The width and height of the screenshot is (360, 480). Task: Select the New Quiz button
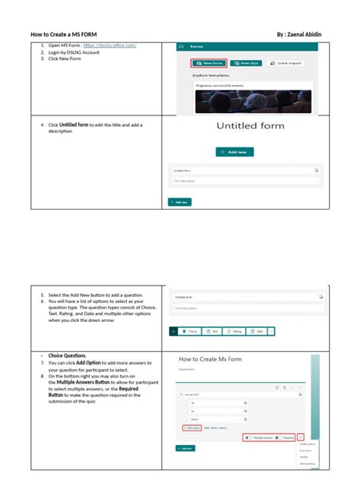(x=246, y=63)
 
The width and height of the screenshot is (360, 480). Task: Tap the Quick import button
(x=284, y=63)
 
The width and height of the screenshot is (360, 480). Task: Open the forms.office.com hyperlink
(x=115, y=46)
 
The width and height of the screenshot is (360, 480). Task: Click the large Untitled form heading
(x=250, y=126)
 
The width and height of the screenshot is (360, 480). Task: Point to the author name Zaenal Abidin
(x=313, y=35)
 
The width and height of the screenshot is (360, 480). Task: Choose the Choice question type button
(x=190, y=331)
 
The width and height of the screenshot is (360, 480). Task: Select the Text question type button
(x=212, y=331)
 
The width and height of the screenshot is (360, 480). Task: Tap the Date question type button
(x=257, y=331)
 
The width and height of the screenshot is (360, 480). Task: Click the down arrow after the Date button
(x=272, y=331)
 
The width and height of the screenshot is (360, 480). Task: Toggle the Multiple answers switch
(x=259, y=437)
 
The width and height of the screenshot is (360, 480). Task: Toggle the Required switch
(x=285, y=437)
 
